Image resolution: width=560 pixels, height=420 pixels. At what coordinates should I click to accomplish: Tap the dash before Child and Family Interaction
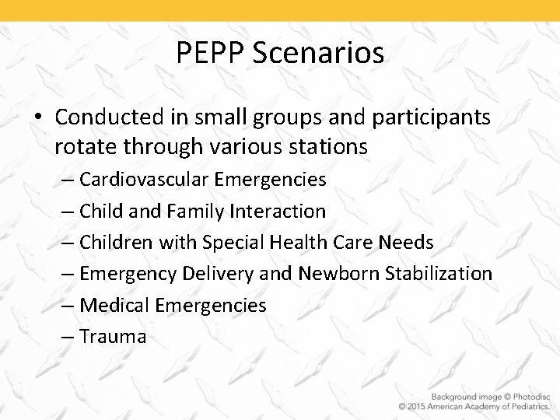point(66,212)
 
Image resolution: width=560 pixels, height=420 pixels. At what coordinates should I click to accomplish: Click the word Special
point(233,242)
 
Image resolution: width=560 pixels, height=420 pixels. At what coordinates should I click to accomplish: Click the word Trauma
point(113,336)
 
